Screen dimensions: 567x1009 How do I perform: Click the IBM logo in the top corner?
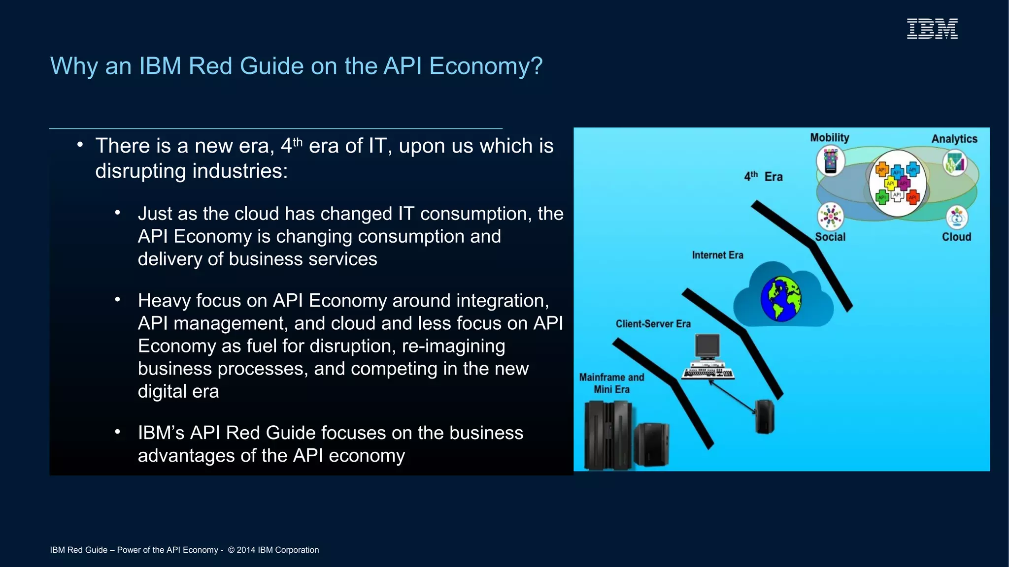[x=932, y=29]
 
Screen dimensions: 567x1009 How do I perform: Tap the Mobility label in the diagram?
[x=830, y=138]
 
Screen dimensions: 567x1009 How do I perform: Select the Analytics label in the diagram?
[x=954, y=139]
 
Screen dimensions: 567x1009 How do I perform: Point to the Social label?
[x=830, y=237]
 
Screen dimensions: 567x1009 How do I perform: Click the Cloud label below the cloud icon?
[x=956, y=237]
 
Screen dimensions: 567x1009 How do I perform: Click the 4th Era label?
[x=763, y=177]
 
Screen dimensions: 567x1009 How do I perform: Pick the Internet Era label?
[x=717, y=255]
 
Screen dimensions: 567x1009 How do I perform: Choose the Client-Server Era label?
[x=653, y=324]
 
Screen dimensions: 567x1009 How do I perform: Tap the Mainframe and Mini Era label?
[x=611, y=383]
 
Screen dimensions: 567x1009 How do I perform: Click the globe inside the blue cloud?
[x=780, y=299]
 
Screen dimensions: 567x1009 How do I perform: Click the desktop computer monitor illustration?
[x=707, y=347]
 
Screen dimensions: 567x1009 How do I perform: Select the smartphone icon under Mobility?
[x=831, y=161]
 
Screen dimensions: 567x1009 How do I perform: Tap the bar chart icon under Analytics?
[x=955, y=163]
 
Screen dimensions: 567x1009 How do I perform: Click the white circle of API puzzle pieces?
[x=897, y=184]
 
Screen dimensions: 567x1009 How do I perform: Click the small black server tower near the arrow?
[x=765, y=416]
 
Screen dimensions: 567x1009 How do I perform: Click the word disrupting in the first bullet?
[x=141, y=171]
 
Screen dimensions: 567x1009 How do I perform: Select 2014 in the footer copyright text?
[x=246, y=550]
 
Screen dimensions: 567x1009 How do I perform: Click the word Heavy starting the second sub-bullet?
[x=163, y=301]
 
